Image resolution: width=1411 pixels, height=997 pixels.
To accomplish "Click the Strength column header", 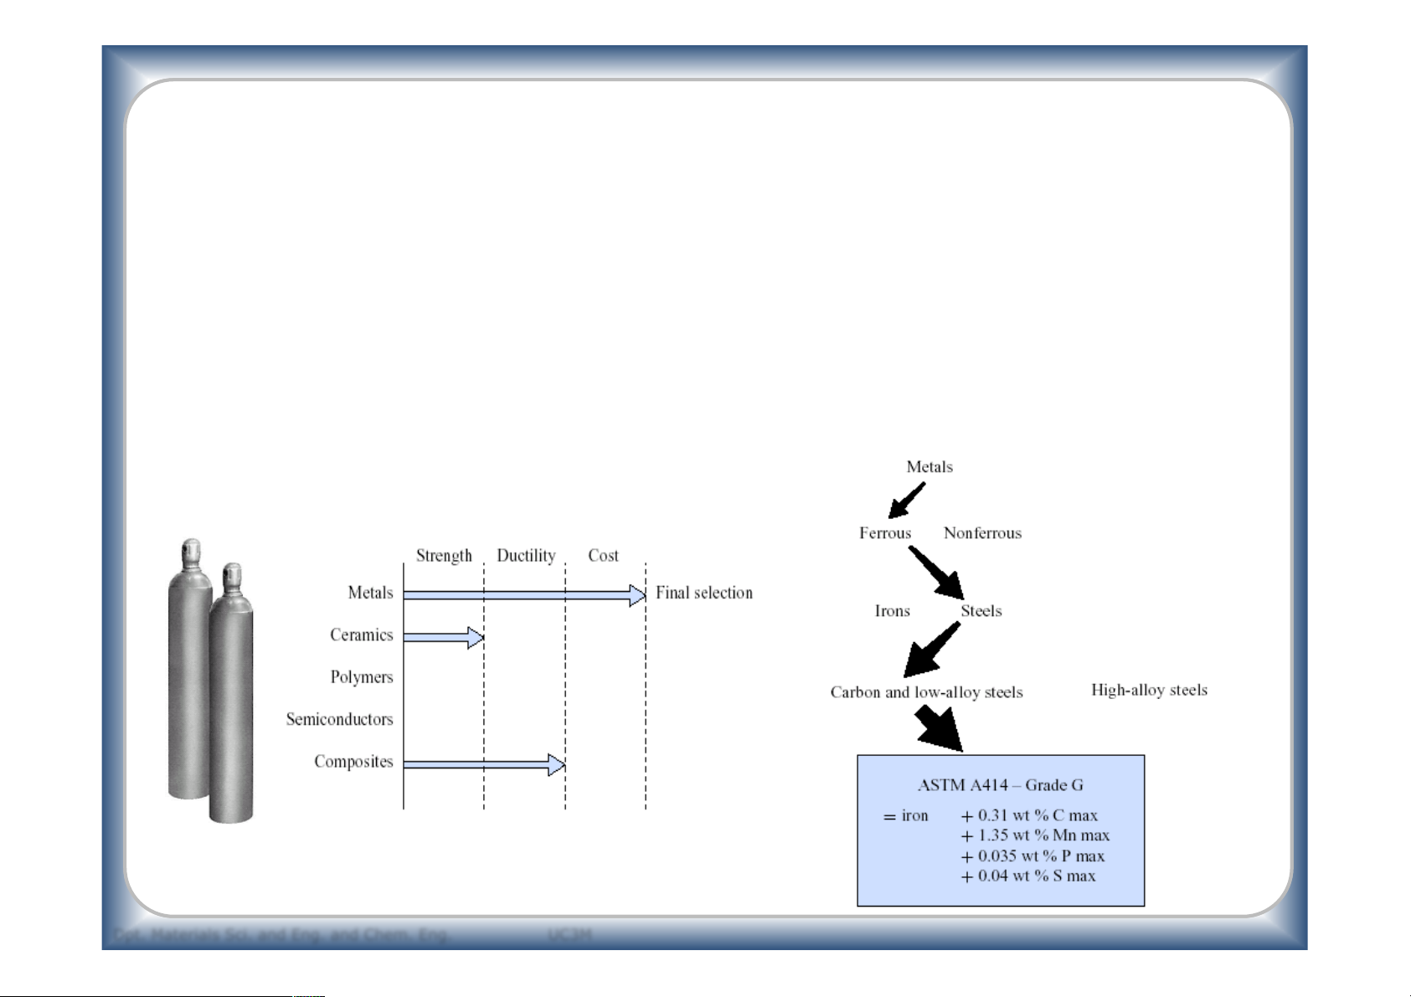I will [444, 556].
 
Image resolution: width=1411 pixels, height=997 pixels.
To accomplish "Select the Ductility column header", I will [526, 556].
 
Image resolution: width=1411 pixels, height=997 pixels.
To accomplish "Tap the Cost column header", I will [603, 556].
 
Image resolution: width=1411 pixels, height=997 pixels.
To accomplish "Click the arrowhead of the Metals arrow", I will [637, 595].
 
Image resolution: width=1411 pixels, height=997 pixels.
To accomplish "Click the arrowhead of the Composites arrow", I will [557, 764].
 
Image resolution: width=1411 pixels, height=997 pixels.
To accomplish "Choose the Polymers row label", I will [362, 677].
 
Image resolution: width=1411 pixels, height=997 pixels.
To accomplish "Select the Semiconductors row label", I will [339, 719].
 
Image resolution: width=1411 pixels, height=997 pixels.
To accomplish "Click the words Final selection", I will [704, 593].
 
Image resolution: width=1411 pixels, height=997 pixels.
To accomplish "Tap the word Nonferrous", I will [982, 533].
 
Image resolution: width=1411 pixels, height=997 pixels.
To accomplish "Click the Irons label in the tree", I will [892, 611].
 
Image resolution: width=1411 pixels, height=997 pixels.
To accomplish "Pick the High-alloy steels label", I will [1149, 690].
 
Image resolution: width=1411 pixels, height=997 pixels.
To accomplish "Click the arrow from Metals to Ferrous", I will [907, 500].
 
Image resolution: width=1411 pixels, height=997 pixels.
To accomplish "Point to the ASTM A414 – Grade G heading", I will [1000, 785].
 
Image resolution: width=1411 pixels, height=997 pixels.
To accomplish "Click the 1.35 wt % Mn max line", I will [1035, 835].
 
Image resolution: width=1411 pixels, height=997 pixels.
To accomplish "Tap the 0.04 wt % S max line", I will [1028, 876].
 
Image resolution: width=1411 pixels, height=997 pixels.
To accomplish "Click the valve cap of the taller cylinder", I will [192, 552].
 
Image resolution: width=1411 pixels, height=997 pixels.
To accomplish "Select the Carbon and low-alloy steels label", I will [926, 692].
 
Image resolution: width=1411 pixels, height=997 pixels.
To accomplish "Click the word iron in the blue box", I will [914, 815].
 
